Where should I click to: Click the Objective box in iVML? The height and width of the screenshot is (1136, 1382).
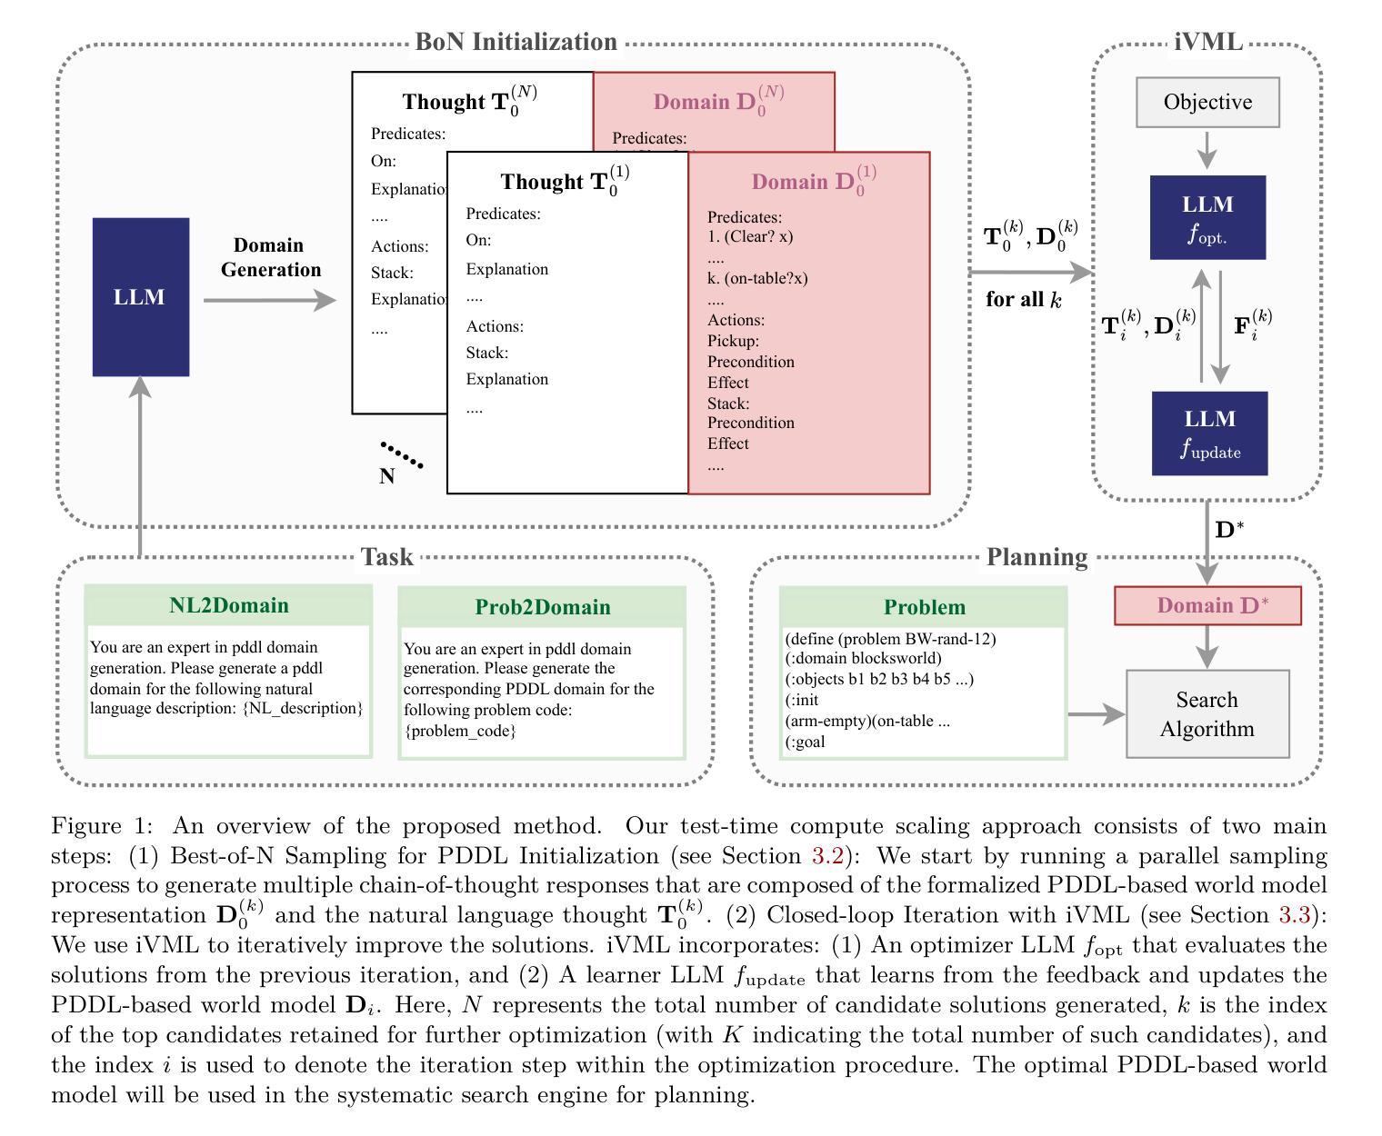pyautogui.click(x=1207, y=102)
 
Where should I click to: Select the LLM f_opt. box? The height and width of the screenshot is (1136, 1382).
pyautogui.click(x=1207, y=217)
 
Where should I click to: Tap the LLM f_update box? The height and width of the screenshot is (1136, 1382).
pyautogui.click(x=1209, y=433)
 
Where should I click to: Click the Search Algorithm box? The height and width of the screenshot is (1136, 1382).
pyautogui.click(x=1207, y=713)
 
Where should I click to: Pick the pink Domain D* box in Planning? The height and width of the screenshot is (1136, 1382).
pyautogui.click(x=1207, y=605)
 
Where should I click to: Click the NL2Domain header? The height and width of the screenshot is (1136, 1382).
pyautogui.click(x=229, y=604)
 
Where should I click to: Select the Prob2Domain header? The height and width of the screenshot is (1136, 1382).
pyautogui.click(x=543, y=607)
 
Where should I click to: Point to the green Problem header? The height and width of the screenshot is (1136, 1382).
pyautogui.click(x=924, y=607)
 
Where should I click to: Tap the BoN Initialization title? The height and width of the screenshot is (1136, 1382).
pyautogui.click(x=516, y=42)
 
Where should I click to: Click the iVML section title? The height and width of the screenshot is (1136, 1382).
pyautogui.click(x=1207, y=42)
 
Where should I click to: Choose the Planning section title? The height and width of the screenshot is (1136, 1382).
pyautogui.click(x=1036, y=557)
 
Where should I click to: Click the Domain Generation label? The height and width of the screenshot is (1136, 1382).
pyautogui.click(x=271, y=257)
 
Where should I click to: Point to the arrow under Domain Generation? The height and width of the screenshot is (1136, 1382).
pyautogui.click(x=270, y=300)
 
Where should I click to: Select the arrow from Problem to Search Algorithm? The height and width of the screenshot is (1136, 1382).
pyautogui.click(x=1097, y=714)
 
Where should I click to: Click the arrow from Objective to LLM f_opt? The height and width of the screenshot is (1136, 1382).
pyautogui.click(x=1207, y=149)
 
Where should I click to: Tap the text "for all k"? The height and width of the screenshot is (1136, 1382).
pyautogui.click(x=1024, y=299)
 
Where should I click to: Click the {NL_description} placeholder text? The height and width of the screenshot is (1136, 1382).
pyautogui.click(x=302, y=708)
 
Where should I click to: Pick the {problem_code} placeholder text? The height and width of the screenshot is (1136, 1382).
pyautogui.click(x=459, y=731)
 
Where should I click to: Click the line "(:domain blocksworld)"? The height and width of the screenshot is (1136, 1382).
pyautogui.click(x=863, y=658)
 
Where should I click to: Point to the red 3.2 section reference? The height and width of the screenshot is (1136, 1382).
pyautogui.click(x=827, y=855)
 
